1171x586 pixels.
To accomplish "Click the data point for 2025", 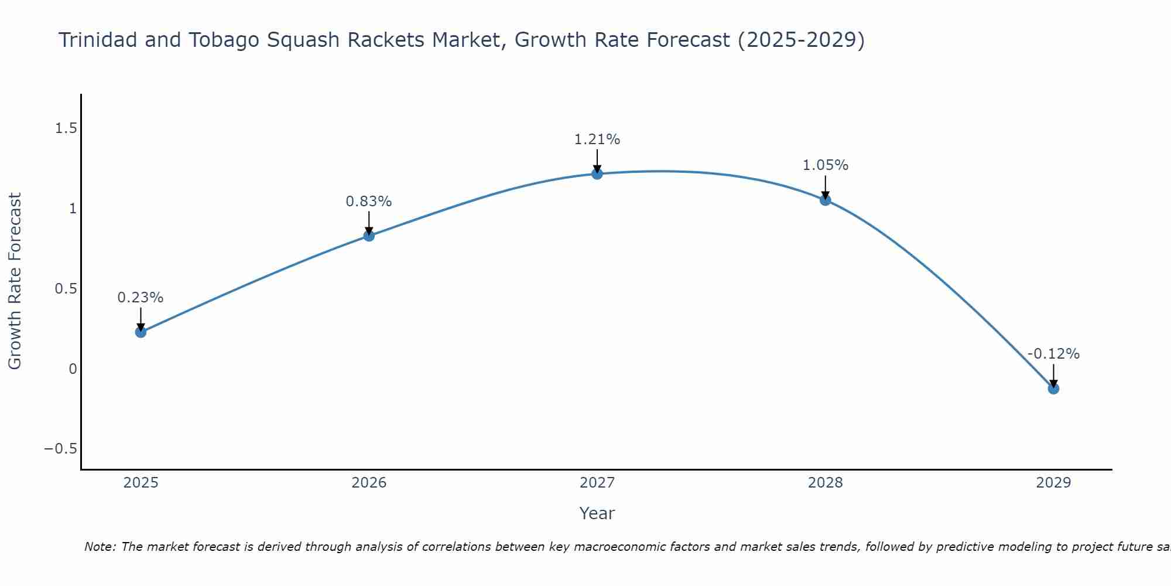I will point(141,332).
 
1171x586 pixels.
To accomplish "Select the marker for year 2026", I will point(369,236).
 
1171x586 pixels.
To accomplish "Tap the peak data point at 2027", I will point(597,173).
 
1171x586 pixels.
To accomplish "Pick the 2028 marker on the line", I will point(826,200).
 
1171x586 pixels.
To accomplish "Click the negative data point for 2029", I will point(1053,388).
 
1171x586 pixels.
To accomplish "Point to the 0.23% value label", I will point(141,298).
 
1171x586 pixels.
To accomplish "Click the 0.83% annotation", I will point(369,202).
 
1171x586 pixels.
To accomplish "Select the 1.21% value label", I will point(597,139).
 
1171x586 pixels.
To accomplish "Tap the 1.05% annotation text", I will point(826,165).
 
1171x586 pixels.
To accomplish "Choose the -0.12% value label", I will point(1053,354).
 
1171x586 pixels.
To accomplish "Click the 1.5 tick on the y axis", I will point(66,128).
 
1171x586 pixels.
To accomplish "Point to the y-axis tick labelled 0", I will point(73,369).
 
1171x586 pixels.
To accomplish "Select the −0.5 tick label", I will point(60,449).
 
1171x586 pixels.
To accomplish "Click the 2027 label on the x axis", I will point(597,483).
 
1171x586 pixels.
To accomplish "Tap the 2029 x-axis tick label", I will point(1053,483).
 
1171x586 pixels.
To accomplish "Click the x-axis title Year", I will point(597,513).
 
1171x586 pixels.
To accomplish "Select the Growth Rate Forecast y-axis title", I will point(15,281).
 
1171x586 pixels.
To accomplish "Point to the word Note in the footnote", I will point(99,547).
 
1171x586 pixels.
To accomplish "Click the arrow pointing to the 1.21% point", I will point(597,161).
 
